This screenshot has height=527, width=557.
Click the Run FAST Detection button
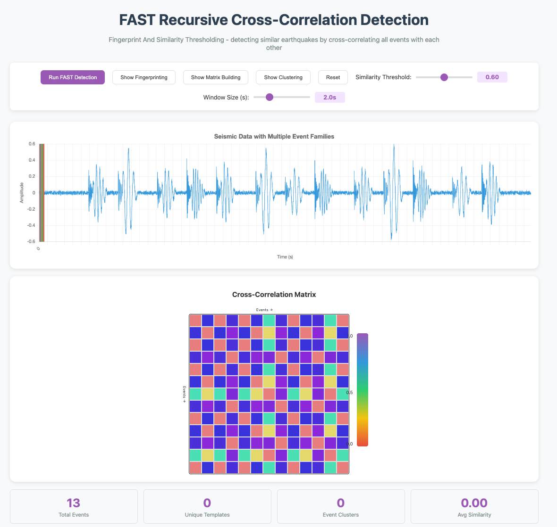tap(73, 77)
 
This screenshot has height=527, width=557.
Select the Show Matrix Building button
tap(215, 77)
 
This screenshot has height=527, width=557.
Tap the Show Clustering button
tap(283, 77)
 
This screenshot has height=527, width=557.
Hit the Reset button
tap(333, 77)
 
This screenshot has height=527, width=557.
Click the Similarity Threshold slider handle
tap(444, 77)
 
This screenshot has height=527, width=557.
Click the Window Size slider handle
tap(270, 97)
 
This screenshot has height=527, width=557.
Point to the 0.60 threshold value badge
tap(492, 77)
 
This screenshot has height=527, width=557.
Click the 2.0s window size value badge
tap(329, 98)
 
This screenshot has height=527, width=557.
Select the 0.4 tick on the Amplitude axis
tap(32, 160)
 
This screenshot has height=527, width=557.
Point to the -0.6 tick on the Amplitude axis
tap(31, 241)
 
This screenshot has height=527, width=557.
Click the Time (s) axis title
tap(285, 257)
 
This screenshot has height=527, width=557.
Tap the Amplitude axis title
tap(22, 193)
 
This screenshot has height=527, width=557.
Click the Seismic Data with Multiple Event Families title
tap(274, 136)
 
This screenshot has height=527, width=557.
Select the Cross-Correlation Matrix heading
tap(274, 295)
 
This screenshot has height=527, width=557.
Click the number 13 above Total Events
tap(74, 502)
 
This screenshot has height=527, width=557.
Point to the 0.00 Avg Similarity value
tap(474, 502)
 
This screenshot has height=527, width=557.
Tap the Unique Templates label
tap(207, 515)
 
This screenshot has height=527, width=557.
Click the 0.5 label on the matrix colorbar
tap(350, 392)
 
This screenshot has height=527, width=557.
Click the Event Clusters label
tap(340, 515)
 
